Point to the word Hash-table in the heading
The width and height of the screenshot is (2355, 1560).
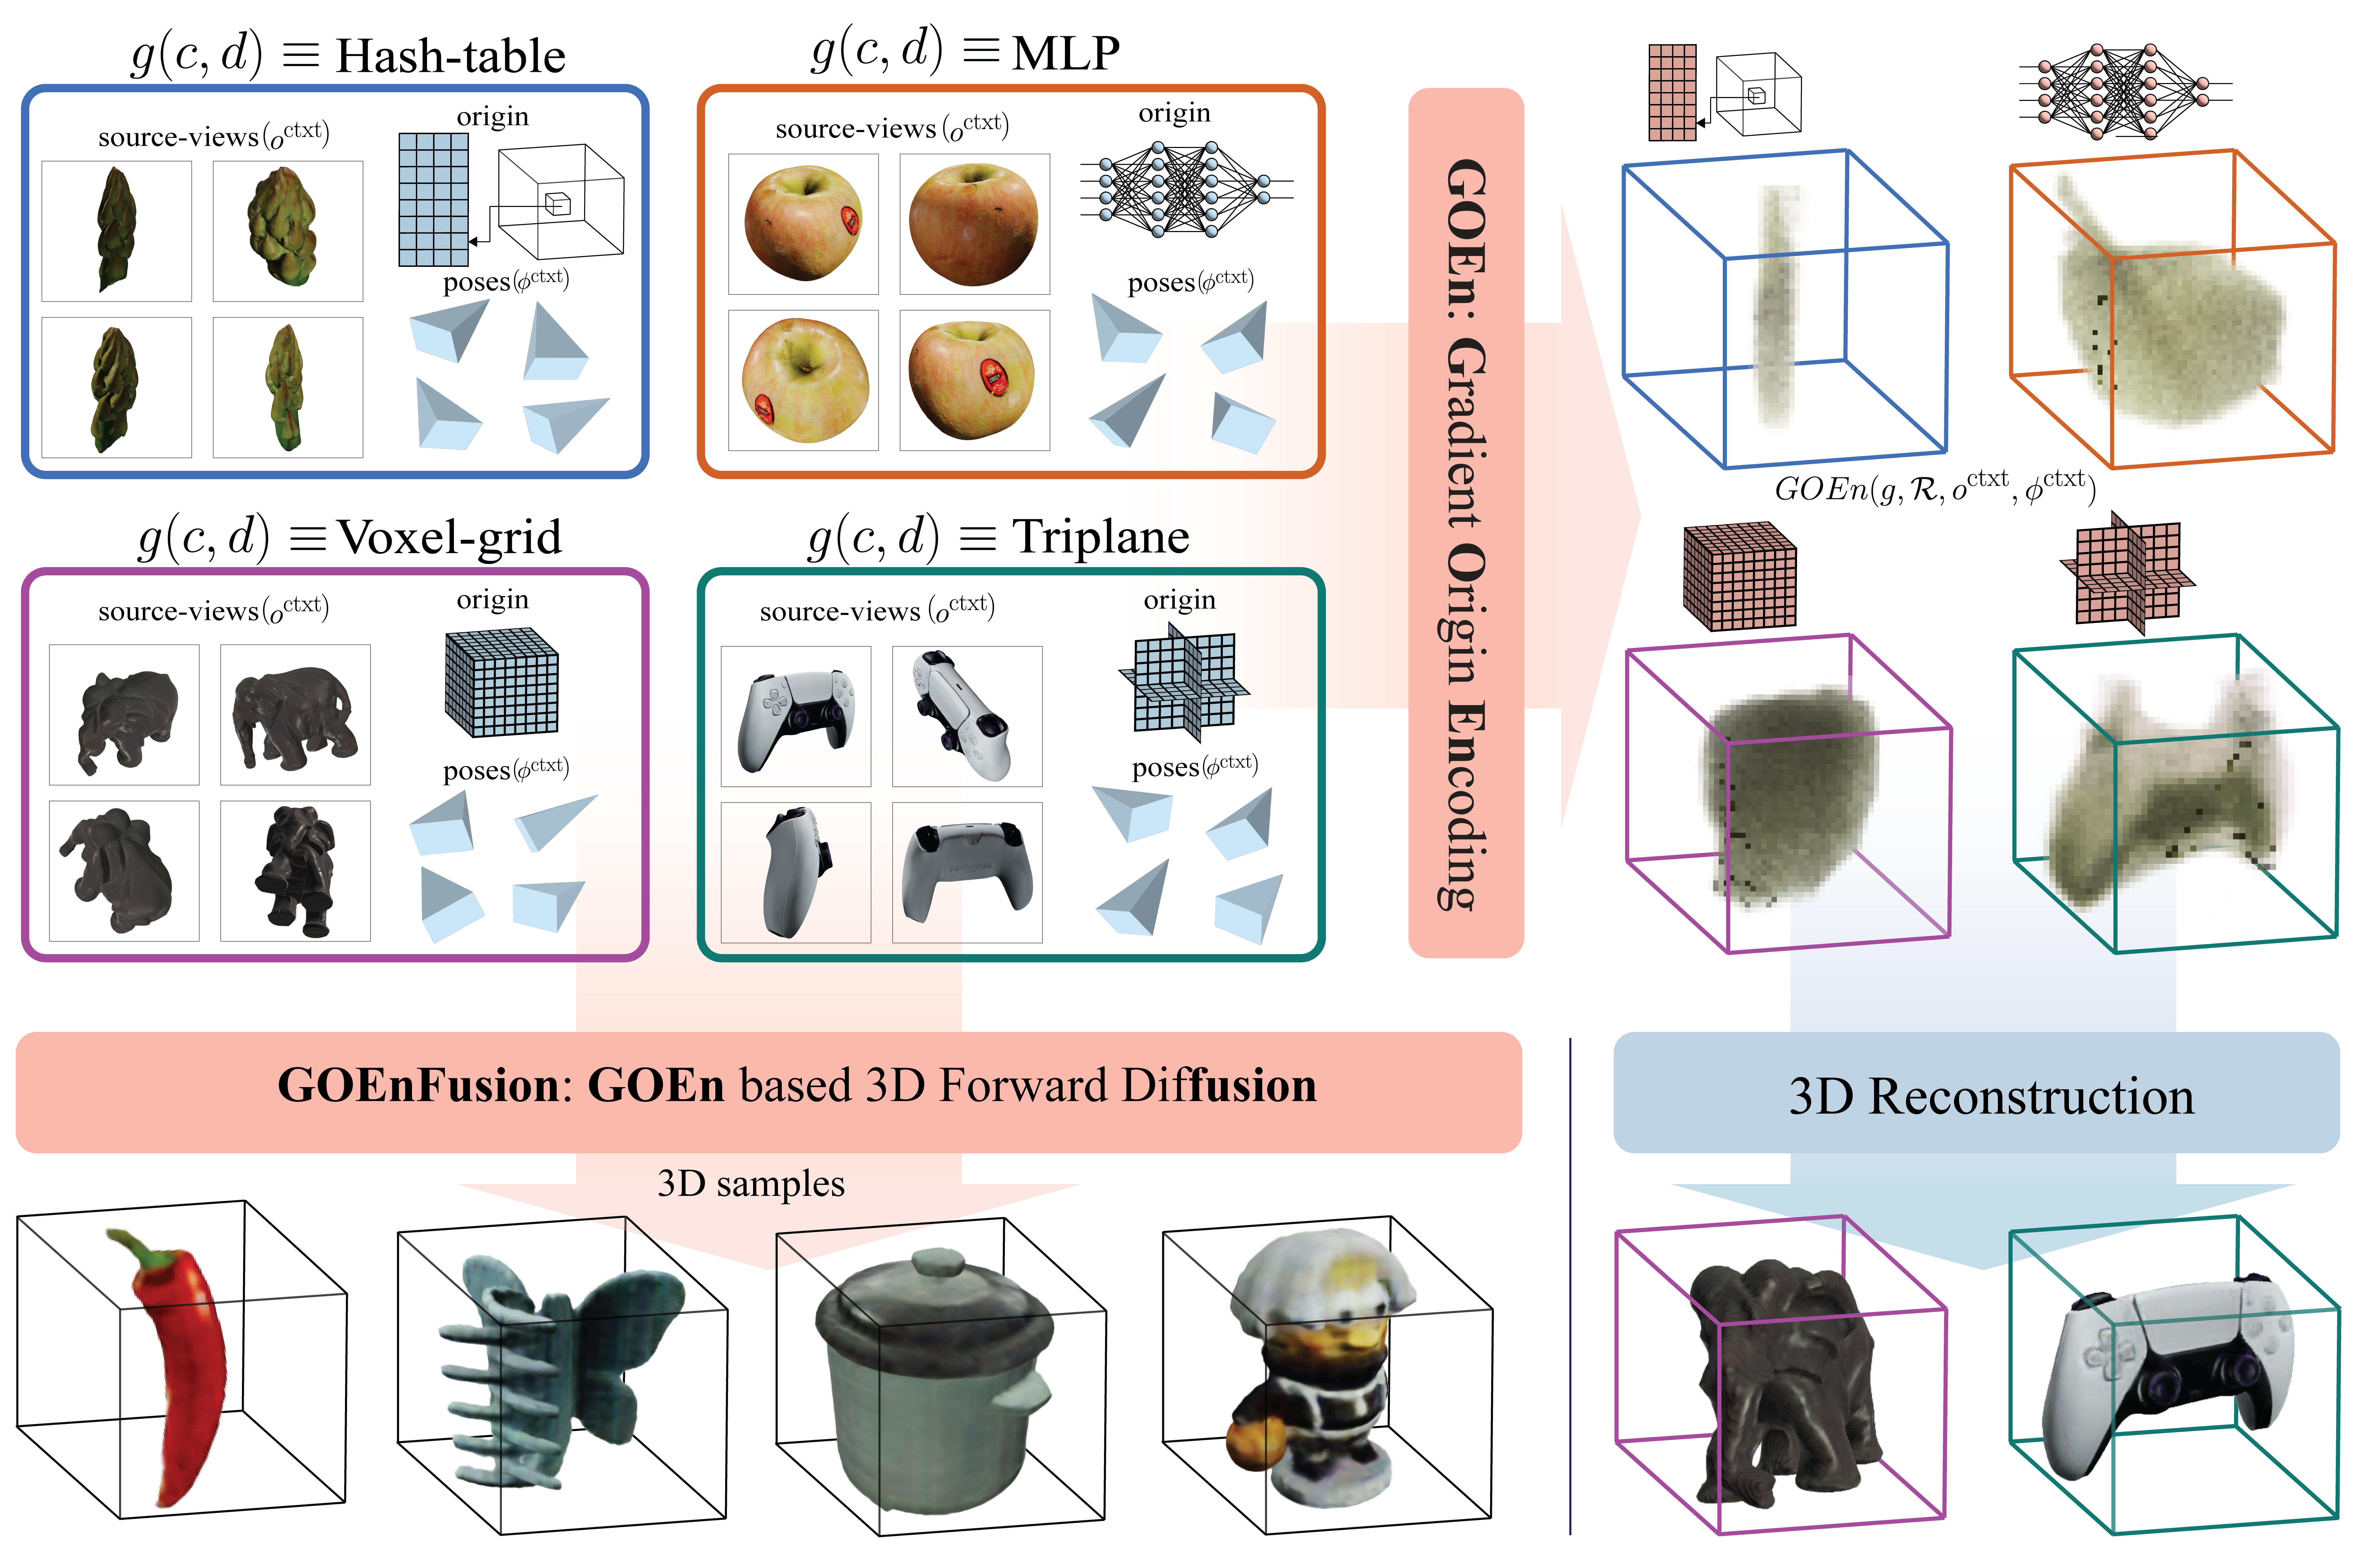[x=451, y=56]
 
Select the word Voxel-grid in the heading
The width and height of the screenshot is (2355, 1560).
[x=450, y=537]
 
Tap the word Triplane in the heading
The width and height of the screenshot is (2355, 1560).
[x=1100, y=537]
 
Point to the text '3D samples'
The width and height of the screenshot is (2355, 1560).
[x=751, y=1184]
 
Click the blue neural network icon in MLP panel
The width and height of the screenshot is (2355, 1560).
[x=1186, y=189]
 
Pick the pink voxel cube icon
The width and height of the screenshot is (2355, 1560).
[x=1739, y=577]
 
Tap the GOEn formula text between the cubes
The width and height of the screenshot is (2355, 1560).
[x=1935, y=487]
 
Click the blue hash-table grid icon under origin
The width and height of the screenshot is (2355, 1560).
[x=433, y=199]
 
